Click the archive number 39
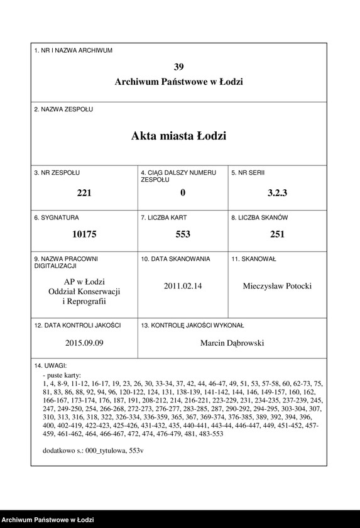pyautogui.click(x=179, y=67)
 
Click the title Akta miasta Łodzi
pyautogui.click(x=179, y=136)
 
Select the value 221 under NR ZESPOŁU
pyautogui.click(x=84, y=193)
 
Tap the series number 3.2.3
pyautogui.click(x=277, y=193)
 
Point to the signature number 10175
pyautogui.click(x=84, y=234)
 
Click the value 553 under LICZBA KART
pyautogui.click(x=183, y=234)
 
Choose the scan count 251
pyautogui.click(x=277, y=234)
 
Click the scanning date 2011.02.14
pyautogui.click(x=183, y=286)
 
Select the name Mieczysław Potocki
pyautogui.click(x=277, y=286)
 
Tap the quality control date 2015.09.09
pyautogui.click(x=84, y=343)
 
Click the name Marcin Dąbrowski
pyautogui.click(x=232, y=343)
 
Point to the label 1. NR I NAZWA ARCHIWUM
pyautogui.click(x=74, y=50)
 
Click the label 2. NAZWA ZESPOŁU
pyautogui.click(x=63, y=109)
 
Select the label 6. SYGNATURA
pyautogui.click(x=57, y=217)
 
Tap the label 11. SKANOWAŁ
pyautogui.click(x=254, y=258)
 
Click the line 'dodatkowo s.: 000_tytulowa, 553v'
pyautogui.click(x=93, y=451)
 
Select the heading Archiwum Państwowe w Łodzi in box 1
pyautogui.click(x=179, y=82)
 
